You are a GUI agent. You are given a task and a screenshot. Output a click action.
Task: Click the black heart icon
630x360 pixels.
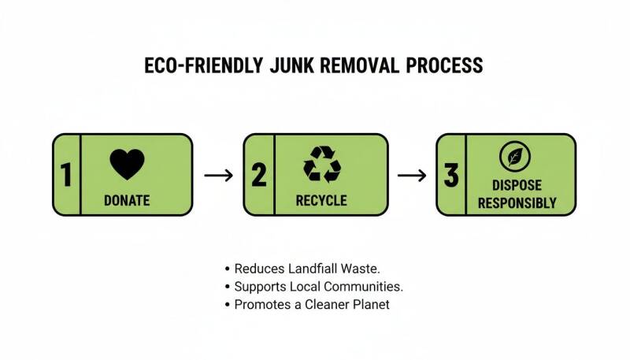coord(127,164)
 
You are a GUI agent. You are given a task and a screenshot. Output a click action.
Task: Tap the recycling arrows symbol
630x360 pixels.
coord(322,164)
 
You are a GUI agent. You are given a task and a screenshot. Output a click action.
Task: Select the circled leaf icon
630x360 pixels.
coord(515,157)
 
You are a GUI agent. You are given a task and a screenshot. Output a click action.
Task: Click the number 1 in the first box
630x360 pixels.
coord(66,175)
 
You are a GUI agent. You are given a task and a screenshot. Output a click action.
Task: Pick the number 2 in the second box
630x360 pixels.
coord(259,175)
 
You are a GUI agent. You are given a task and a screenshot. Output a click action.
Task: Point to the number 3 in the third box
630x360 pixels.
coord(451,175)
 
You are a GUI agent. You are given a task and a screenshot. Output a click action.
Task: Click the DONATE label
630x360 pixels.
coord(127,201)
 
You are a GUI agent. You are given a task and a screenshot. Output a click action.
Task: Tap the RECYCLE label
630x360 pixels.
coord(321,201)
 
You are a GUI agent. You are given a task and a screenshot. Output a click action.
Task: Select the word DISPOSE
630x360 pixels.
coord(517,185)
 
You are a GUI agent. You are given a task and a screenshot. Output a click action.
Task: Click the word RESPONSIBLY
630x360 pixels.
coord(517,203)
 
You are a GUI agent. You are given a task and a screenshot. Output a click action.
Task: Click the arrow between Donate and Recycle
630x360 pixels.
coord(219,175)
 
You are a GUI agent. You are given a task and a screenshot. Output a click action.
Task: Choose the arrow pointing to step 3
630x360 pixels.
coord(412,175)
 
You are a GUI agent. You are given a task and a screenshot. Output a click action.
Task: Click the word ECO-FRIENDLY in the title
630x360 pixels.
coord(204,65)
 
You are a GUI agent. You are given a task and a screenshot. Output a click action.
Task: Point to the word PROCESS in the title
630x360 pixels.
coord(445,65)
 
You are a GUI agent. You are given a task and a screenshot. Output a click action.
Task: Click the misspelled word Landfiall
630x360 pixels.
coord(313,269)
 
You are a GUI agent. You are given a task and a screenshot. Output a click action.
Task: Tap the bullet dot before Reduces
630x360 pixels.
coord(228,269)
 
